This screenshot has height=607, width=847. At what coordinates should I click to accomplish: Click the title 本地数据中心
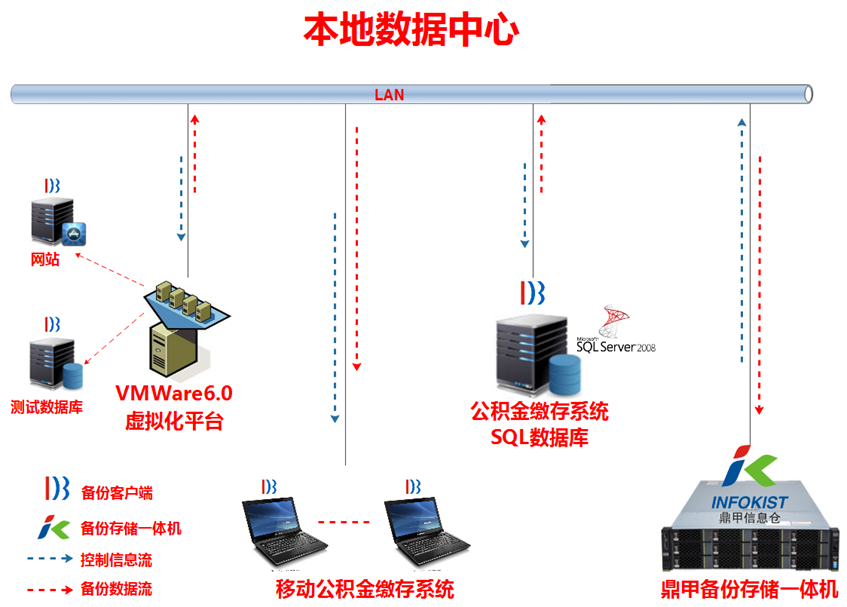pyautogui.click(x=411, y=31)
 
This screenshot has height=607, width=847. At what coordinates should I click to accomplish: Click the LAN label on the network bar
pyautogui.click(x=389, y=95)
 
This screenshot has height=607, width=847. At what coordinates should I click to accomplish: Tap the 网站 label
pyautogui.click(x=44, y=259)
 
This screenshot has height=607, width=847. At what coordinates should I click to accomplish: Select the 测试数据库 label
pyautogui.click(x=47, y=407)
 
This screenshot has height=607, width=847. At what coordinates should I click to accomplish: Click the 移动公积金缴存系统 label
pyautogui.click(x=364, y=588)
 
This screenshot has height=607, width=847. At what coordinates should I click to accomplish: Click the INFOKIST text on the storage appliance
pyautogui.click(x=750, y=501)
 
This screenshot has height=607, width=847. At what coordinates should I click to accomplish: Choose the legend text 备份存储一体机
pyautogui.click(x=130, y=528)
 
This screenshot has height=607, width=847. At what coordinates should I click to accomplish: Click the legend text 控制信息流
pyautogui.click(x=116, y=559)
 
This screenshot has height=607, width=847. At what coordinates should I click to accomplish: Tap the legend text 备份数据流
pyautogui.click(x=116, y=590)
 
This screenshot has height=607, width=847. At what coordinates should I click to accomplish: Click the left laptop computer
pyautogui.click(x=284, y=529)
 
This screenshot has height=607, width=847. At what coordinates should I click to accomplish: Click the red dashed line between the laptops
pyautogui.click(x=343, y=521)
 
